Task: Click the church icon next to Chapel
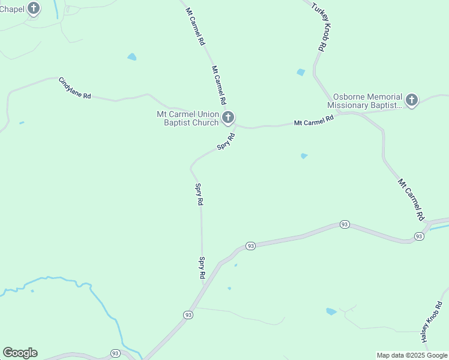(34, 8)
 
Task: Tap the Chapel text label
(12, 9)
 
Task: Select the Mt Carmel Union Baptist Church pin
(228, 117)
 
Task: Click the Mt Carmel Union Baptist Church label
(188, 118)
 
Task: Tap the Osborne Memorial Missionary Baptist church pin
(411, 100)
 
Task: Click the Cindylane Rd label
(74, 88)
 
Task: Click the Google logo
(20, 353)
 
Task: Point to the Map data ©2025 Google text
(412, 355)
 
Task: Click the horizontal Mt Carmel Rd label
(313, 121)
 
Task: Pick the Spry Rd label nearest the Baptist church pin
(226, 142)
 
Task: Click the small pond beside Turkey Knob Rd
(301, 73)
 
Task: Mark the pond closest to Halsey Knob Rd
(331, 311)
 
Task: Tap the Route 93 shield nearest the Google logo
(116, 353)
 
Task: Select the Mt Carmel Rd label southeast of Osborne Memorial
(411, 199)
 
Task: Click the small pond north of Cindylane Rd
(131, 57)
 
